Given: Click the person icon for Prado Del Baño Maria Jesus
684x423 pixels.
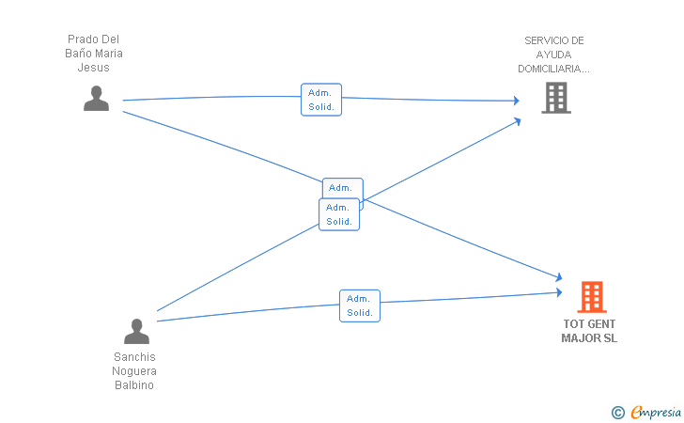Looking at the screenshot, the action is point(97,98).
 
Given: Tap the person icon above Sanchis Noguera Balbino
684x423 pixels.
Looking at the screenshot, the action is point(136,331).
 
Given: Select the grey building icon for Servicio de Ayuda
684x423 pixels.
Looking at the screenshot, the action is point(556,98).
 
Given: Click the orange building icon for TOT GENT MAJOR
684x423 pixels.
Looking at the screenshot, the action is point(592,297).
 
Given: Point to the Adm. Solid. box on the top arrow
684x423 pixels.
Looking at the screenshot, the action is point(321,100).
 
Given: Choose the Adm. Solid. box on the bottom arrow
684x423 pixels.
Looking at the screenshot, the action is point(360,306).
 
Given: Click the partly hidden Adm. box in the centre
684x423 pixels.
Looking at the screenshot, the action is point(343,188).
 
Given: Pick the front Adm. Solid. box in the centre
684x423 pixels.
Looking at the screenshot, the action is point(339,214).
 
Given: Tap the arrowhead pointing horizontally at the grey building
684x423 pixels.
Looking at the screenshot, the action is point(517,101).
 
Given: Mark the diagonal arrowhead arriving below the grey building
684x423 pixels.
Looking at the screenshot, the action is point(518,121).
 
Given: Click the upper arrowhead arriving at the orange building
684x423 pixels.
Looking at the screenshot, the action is point(558,276).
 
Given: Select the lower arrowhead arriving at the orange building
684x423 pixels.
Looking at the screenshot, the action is point(559,292).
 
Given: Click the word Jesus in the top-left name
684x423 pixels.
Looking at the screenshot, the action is point(93,68).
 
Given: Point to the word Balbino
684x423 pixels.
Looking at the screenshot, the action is point(134,385).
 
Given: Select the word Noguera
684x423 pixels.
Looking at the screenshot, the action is point(134,371).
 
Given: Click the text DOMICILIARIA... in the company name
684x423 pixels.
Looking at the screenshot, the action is point(553,69).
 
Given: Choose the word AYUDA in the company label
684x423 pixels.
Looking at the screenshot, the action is point(553,55).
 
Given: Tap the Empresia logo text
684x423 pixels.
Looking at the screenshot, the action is point(656,412).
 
